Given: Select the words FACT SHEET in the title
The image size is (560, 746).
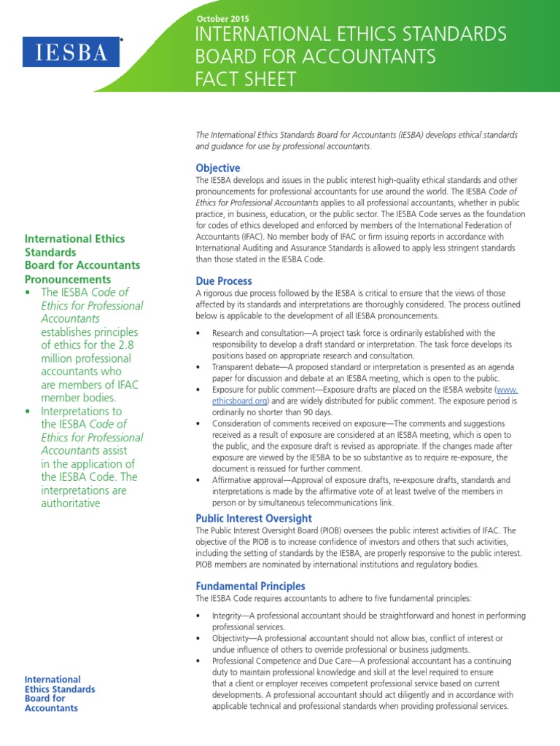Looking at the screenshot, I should coord(244,79).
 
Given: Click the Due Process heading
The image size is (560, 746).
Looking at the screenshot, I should coord(224,280).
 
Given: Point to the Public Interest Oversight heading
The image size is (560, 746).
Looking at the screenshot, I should coord(254,518).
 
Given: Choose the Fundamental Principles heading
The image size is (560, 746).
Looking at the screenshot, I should coord(250,586).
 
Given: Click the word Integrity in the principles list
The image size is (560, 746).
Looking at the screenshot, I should coord(228,616).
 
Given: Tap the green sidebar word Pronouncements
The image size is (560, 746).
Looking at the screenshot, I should coord(68,279).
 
